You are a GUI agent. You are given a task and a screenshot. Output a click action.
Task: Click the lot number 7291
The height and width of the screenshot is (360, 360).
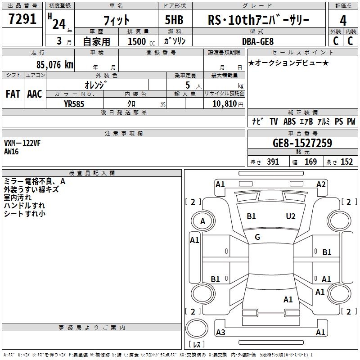[x=22, y=19]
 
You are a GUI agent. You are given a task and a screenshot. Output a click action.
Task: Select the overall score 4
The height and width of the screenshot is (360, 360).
[x=343, y=21]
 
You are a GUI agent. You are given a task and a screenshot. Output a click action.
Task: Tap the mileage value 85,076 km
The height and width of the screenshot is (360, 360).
[x=55, y=65]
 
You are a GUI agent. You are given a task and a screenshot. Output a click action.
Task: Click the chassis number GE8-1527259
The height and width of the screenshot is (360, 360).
[x=302, y=143]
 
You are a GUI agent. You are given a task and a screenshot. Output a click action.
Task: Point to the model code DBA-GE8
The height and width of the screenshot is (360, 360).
[x=258, y=41]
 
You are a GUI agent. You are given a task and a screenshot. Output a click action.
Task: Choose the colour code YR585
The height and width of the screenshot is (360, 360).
[x=74, y=104]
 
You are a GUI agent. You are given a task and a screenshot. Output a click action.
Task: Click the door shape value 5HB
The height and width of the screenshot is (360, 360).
[x=174, y=20]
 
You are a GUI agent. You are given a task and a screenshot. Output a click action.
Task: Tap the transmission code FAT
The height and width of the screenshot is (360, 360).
[x=13, y=94]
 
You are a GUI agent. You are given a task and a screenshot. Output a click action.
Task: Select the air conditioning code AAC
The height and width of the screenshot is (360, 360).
[x=35, y=94]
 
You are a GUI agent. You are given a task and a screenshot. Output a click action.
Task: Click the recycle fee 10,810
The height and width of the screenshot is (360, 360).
[x=225, y=104]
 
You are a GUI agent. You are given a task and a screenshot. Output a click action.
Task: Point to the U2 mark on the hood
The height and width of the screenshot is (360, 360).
[x=291, y=216]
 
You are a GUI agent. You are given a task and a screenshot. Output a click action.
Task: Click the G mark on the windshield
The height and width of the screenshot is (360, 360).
[x=257, y=237]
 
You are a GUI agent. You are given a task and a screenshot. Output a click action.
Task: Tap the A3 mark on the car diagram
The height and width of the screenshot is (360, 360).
[x=220, y=332]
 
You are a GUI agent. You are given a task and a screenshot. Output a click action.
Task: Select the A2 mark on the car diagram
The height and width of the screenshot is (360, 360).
[x=321, y=184]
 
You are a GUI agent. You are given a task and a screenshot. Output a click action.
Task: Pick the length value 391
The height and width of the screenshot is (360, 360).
[x=273, y=162]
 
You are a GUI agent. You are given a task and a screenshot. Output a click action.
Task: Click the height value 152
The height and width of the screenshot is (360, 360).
[x=346, y=162]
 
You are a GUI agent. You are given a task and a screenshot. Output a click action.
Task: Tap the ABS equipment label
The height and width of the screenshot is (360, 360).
[x=289, y=121]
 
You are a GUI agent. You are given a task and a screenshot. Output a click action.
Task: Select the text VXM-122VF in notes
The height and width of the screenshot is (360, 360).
[x=22, y=143]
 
